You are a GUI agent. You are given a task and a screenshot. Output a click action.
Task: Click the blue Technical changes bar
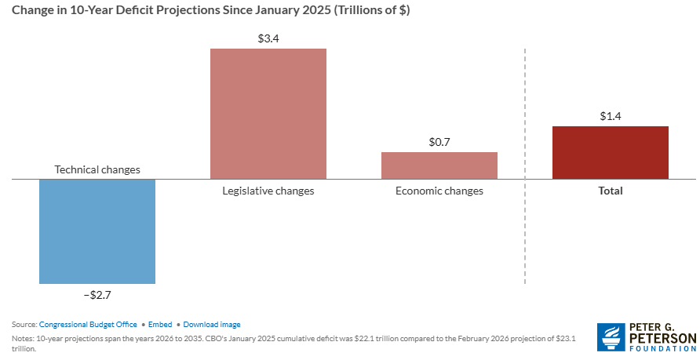pos(97,231)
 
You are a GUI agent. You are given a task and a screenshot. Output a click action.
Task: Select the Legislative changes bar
pos(268,114)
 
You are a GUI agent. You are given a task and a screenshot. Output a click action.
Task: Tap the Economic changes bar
pos(439,165)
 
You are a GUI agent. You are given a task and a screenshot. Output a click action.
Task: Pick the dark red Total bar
pos(611,152)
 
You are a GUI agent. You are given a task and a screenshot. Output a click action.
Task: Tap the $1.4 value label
pos(611,115)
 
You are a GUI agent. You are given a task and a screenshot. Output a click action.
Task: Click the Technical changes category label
pos(97,169)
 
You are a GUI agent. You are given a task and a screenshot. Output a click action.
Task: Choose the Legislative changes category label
pos(268,191)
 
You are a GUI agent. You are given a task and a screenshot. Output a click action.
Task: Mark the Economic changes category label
pos(439,191)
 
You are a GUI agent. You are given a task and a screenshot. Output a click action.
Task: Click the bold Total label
pos(611,191)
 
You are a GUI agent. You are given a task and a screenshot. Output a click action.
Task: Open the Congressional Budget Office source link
pos(88,324)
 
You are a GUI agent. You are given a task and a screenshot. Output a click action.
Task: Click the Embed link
pos(160,324)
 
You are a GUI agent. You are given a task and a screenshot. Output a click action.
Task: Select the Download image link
pos(212,324)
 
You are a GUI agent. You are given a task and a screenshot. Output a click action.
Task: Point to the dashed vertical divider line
pos(524,165)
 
